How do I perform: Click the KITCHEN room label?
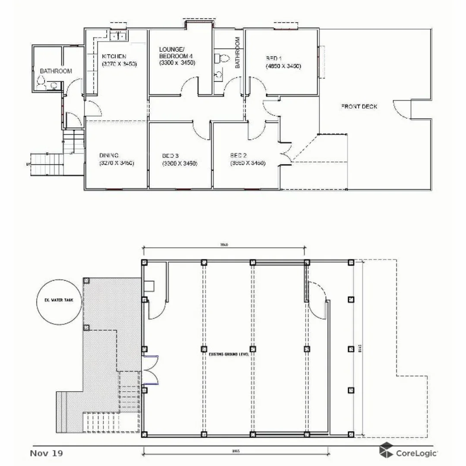point(114,57)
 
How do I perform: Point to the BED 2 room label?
point(239,155)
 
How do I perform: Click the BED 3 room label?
point(170,155)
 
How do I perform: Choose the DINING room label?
point(109,155)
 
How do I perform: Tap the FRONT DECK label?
point(359,106)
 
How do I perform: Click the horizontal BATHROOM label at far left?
point(56,71)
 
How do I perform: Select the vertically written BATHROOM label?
point(237,52)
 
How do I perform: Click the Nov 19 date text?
point(46,453)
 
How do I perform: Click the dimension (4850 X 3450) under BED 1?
point(283,66)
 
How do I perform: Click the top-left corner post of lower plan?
point(145,262)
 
